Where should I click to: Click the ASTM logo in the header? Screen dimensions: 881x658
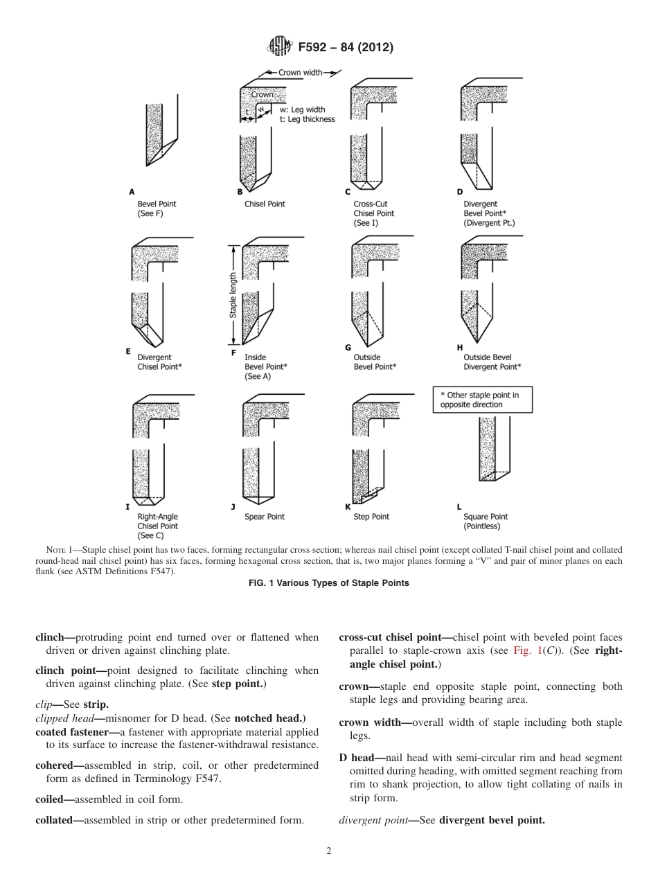[279, 47]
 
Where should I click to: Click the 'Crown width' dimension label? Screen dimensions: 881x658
[300, 72]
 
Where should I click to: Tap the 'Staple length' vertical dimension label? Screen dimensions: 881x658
[233, 295]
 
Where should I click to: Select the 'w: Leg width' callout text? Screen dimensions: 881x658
[302, 109]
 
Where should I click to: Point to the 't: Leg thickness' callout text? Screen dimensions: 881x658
[307, 119]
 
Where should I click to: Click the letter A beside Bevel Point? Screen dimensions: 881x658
[132, 191]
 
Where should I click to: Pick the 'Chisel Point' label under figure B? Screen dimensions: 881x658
[265, 204]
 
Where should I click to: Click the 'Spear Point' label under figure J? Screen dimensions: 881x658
[265, 517]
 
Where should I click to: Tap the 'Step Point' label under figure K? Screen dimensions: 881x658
[371, 517]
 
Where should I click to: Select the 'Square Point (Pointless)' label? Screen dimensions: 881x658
[486, 522]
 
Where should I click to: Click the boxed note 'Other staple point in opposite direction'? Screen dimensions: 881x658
[482, 400]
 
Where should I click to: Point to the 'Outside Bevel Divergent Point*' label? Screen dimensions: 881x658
[492, 362]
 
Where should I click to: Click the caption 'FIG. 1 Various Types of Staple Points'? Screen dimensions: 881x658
[328, 583]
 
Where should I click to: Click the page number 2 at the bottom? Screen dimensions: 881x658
[329, 851]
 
